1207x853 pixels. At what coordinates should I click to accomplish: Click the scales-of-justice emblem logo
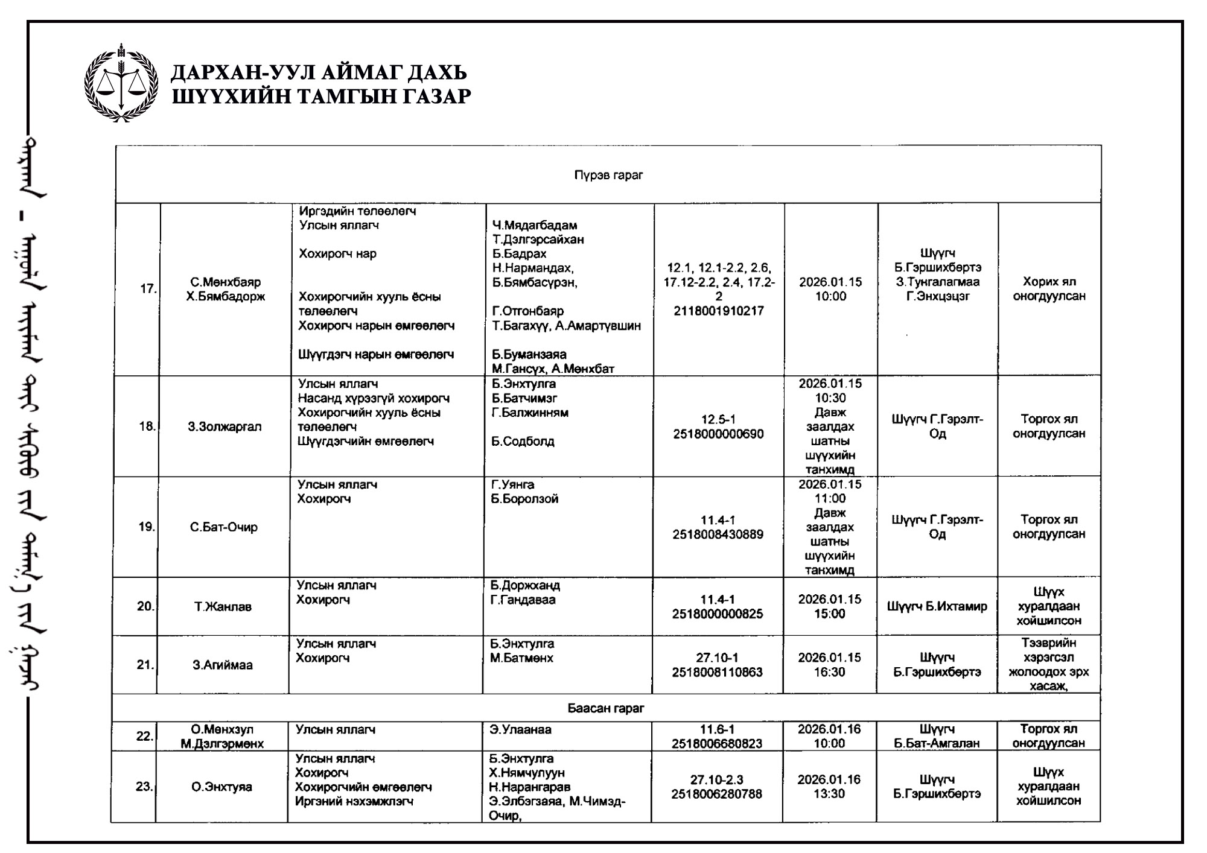(121, 83)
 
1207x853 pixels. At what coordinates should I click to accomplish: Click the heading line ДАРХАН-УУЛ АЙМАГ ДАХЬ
(319, 72)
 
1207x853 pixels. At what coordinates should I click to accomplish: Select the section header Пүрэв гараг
(608, 175)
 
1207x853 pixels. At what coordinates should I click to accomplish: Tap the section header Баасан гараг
(605, 708)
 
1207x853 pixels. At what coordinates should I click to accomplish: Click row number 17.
(147, 289)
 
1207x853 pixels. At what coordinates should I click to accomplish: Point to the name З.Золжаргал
(225, 427)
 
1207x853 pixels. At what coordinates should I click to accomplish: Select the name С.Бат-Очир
(223, 527)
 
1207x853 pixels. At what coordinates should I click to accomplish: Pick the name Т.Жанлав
(223, 607)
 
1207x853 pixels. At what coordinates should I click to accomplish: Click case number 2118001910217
(719, 311)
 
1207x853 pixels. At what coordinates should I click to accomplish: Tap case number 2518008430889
(718, 534)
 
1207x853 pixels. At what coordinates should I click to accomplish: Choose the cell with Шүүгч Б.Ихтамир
(937, 607)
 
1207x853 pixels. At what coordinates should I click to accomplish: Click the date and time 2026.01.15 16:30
(829, 665)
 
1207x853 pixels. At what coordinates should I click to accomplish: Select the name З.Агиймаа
(223, 665)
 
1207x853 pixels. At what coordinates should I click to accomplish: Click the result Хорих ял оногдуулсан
(1049, 289)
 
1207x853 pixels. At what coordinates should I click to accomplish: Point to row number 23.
(144, 787)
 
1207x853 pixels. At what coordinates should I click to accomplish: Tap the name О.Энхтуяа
(221, 787)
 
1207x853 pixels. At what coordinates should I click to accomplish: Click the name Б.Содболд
(523, 442)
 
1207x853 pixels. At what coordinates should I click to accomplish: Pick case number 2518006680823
(717, 744)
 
